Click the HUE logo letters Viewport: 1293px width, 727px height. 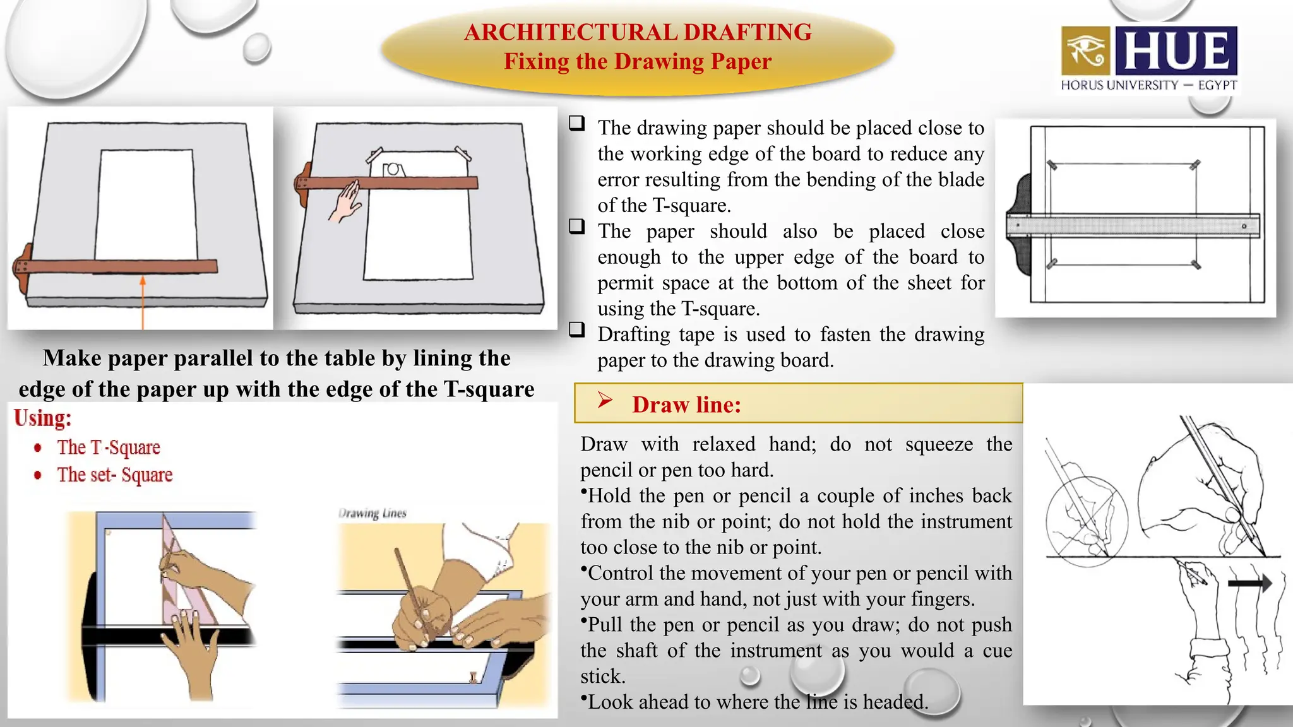1176,50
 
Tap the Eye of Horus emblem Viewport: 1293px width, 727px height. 1085,50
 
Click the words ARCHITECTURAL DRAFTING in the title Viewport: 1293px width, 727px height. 638,32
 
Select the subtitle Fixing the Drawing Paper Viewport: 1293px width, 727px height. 638,62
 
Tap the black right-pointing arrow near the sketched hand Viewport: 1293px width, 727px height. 1249,583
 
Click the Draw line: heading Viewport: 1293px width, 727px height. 686,405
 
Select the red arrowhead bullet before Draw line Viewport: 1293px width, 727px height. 605,400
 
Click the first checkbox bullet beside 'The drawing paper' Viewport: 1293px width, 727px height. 576,123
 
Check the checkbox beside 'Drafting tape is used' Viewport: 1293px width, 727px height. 576,329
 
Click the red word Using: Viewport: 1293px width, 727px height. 43,418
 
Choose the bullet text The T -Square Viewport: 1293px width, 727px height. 109,447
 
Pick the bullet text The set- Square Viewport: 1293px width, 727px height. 115,475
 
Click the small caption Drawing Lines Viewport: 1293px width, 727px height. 372,513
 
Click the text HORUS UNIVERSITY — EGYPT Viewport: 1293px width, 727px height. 1148,85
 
